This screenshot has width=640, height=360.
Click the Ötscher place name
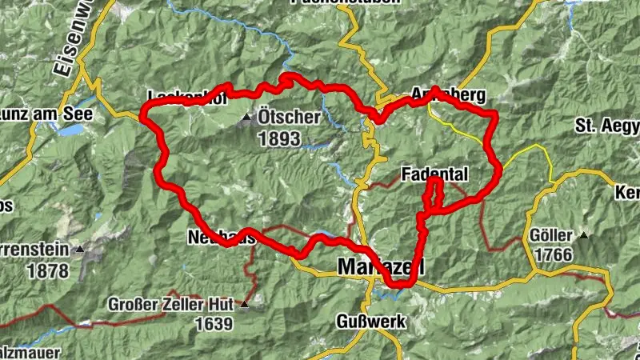pos(289,118)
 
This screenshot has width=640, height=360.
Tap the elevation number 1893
pos(278,139)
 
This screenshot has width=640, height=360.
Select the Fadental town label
pos(435,174)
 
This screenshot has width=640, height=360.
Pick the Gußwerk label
pos(370,322)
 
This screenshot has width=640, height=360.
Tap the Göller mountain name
pos(551,236)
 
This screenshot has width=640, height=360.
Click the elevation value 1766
pos(552,255)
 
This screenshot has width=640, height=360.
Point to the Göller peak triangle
pos(585,236)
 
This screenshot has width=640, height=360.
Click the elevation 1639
pos(212,324)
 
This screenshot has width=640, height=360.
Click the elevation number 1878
pos(48,271)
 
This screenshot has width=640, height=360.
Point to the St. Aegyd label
pos(607,126)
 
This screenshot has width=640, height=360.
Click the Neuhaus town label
pos(222,237)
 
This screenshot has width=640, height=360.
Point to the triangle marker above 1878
pos(79,250)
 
